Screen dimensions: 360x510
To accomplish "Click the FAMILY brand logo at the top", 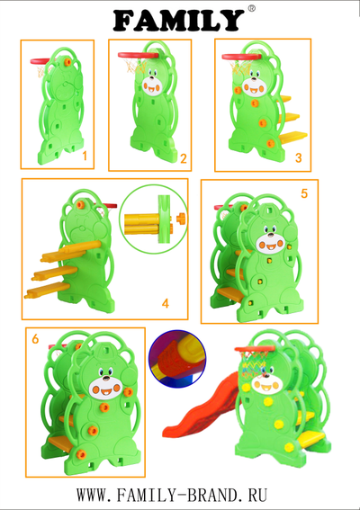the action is [179, 20].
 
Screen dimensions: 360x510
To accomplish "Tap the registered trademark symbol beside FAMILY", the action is [252, 9].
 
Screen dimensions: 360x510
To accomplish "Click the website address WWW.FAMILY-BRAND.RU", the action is [172, 495].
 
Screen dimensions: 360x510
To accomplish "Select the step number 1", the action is [85, 157].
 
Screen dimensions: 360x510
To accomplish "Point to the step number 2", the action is [184, 158].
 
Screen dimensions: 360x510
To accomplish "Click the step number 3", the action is [299, 157].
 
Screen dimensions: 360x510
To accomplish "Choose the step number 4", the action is [166, 303].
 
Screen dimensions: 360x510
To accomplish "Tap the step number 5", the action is [304, 193].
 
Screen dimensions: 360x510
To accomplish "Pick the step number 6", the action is [35, 339].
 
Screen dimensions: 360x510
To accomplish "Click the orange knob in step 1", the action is [67, 62].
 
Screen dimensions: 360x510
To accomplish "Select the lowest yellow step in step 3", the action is [293, 137].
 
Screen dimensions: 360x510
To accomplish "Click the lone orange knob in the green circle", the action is [181, 219].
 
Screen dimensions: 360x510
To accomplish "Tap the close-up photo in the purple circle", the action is [177, 359].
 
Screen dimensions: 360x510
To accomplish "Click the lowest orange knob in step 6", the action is [81, 454].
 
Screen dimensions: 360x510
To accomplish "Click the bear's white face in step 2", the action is [152, 85].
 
